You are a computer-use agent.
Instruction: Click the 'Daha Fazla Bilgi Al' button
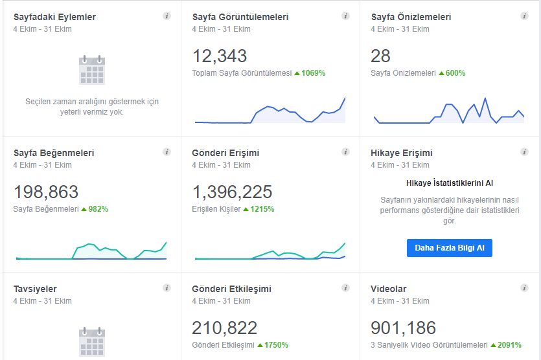click(x=449, y=248)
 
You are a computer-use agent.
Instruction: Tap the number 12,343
click(x=220, y=56)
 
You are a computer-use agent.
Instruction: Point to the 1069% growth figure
click(x=314, y=73)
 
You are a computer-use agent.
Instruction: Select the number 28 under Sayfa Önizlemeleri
click(x=380, y=56)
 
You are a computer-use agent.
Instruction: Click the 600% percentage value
click(x=455, y=73)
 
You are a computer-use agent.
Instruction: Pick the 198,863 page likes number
click(x=46, y=192)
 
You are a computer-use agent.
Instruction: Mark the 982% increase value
click(x=98, y=209)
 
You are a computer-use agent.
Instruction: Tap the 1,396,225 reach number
click(x=232, y=192)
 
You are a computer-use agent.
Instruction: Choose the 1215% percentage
click(x=262, y=209)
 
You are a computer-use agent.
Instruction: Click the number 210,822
click(x=225, y=328)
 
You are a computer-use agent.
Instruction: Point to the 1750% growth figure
click(x=276, y=345)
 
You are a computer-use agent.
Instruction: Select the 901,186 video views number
click(x=404, y=328)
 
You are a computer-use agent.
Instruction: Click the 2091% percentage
click(x=509, y=345)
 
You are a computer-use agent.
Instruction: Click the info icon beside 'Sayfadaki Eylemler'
click(x=167, y=16)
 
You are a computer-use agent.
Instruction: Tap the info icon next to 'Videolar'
click(x=524, y=288)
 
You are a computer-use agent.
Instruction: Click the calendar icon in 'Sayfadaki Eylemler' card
click(x=92, y=70)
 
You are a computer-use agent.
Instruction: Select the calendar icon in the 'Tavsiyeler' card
click(x=92, y=341)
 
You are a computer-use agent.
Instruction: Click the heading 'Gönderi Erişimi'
click(x=225, y=153)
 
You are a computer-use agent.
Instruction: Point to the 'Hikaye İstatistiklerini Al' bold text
click(x=449, y=183)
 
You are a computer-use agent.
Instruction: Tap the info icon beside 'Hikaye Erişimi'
click(x=524, y=152)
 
